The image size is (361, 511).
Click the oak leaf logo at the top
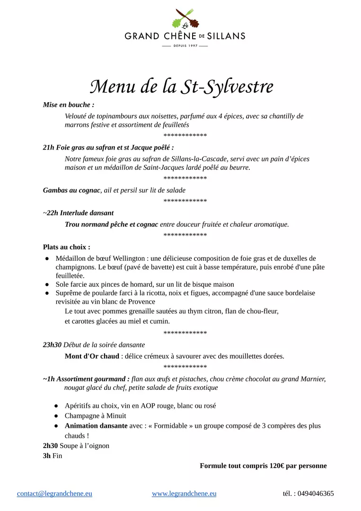185,19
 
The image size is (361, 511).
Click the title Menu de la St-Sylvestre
182,87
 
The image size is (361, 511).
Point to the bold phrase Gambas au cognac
71,190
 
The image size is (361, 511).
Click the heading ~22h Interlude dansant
78,213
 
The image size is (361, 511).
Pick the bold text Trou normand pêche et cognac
111,224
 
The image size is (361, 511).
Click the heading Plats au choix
66,247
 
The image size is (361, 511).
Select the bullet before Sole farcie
47,284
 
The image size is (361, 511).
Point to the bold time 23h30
52,345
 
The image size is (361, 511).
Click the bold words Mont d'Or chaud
92,356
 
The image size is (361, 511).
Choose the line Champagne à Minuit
96,416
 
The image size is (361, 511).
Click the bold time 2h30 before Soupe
50,446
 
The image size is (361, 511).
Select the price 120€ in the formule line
277,466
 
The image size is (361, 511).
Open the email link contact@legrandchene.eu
54,493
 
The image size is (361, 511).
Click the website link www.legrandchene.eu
184,493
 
